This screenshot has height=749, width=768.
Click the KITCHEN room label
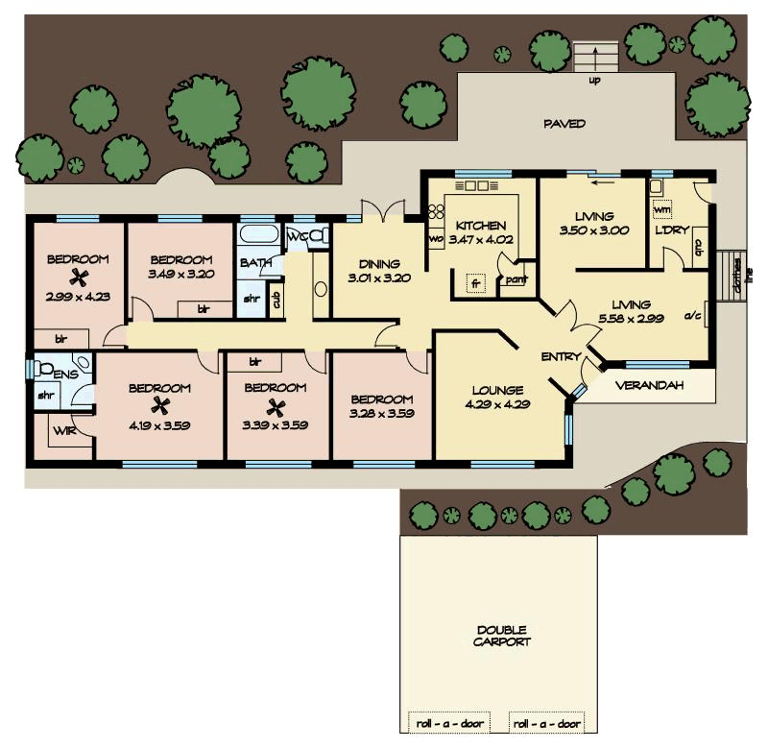(480, 226)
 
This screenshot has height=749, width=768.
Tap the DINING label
(378, 264)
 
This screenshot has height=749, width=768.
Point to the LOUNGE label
(497, 390)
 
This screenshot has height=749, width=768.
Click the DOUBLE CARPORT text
(501, 636)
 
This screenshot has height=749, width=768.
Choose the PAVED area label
(564, 124)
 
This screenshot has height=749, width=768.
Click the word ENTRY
(561, 357)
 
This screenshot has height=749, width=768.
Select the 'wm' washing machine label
(661, 208)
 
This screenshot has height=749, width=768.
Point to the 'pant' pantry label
(516, 280)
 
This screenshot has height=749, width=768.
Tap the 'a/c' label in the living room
(691, 314)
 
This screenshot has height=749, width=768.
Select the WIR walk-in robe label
(64, 431)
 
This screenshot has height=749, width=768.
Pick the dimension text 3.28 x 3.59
(381, 414)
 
